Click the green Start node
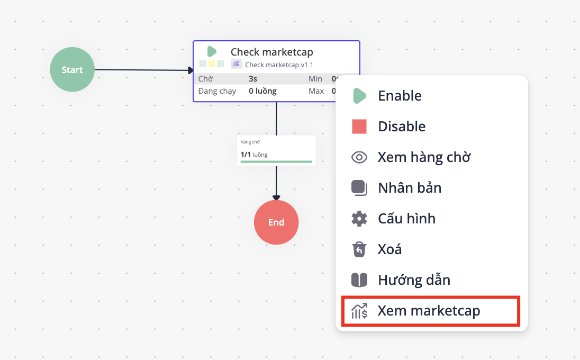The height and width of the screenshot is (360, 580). point(72,70)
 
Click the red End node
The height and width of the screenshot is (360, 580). point(276,222)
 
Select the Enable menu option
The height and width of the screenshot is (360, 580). point(400,96)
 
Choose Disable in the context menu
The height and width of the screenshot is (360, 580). point(402,127)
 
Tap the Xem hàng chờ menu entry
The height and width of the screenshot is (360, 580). point(424,157)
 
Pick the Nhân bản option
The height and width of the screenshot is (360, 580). point(410,188)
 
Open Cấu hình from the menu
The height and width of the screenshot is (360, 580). point(406,219)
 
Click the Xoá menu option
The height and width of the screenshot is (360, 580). point(389,249)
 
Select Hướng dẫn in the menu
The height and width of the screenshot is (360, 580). point(414,280)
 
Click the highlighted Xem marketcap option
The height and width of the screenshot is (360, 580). point(429,311)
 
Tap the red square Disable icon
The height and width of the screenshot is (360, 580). point(359,127)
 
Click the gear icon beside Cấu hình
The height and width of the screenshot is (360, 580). point(359,219)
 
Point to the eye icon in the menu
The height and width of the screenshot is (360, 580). point(359,157)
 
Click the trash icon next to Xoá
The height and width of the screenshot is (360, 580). point(359,249)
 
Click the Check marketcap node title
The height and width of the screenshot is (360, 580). point(271,52)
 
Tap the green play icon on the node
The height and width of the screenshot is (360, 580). point(212,51)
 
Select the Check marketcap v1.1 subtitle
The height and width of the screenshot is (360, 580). point(279,65)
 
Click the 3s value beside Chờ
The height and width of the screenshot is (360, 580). point(253,79)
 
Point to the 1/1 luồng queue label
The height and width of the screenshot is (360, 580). point(254,155)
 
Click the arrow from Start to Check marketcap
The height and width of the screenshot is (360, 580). point(143,70)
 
